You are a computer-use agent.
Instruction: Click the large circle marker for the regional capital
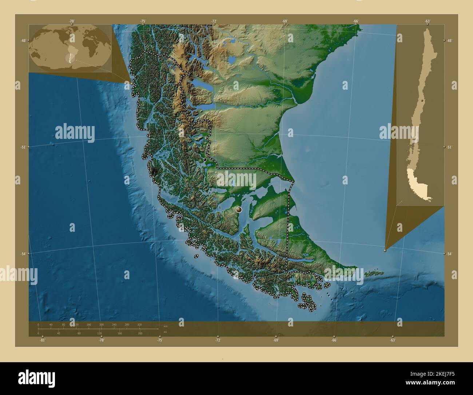pyautogui.click(x=239, y=210)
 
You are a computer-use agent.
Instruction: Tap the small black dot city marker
pyautogui.click(x=205, y=160)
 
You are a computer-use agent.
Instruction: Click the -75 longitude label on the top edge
pyautogui.click(x=143, y=21)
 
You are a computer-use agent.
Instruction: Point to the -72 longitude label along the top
pyautogui.click(x=214, y=21)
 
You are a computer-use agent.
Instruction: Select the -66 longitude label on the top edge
pyautogui.click(x=356, y=21)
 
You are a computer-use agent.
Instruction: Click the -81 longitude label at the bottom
pyautogui.click(x=43, y=340)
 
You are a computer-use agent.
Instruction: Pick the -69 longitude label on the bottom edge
pyautogui.click(x=276, y=340)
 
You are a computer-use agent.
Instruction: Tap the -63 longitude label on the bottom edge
pyautogui.click(x=393, y=340)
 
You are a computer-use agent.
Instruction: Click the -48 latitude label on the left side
pyautogui.click(x=23, y=40)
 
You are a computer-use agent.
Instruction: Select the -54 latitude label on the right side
pyautogui.click(x=449, y=254)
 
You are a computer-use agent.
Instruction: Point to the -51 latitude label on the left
pyautogui.click(x=23, y=147)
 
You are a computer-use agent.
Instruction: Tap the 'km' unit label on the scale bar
pyautogui.click(x=166, y=326)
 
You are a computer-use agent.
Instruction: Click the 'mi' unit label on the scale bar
pyautogui.click(x=165, y=332)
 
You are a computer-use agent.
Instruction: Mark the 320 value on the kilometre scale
pyautogui.click(x=139, y=324)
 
